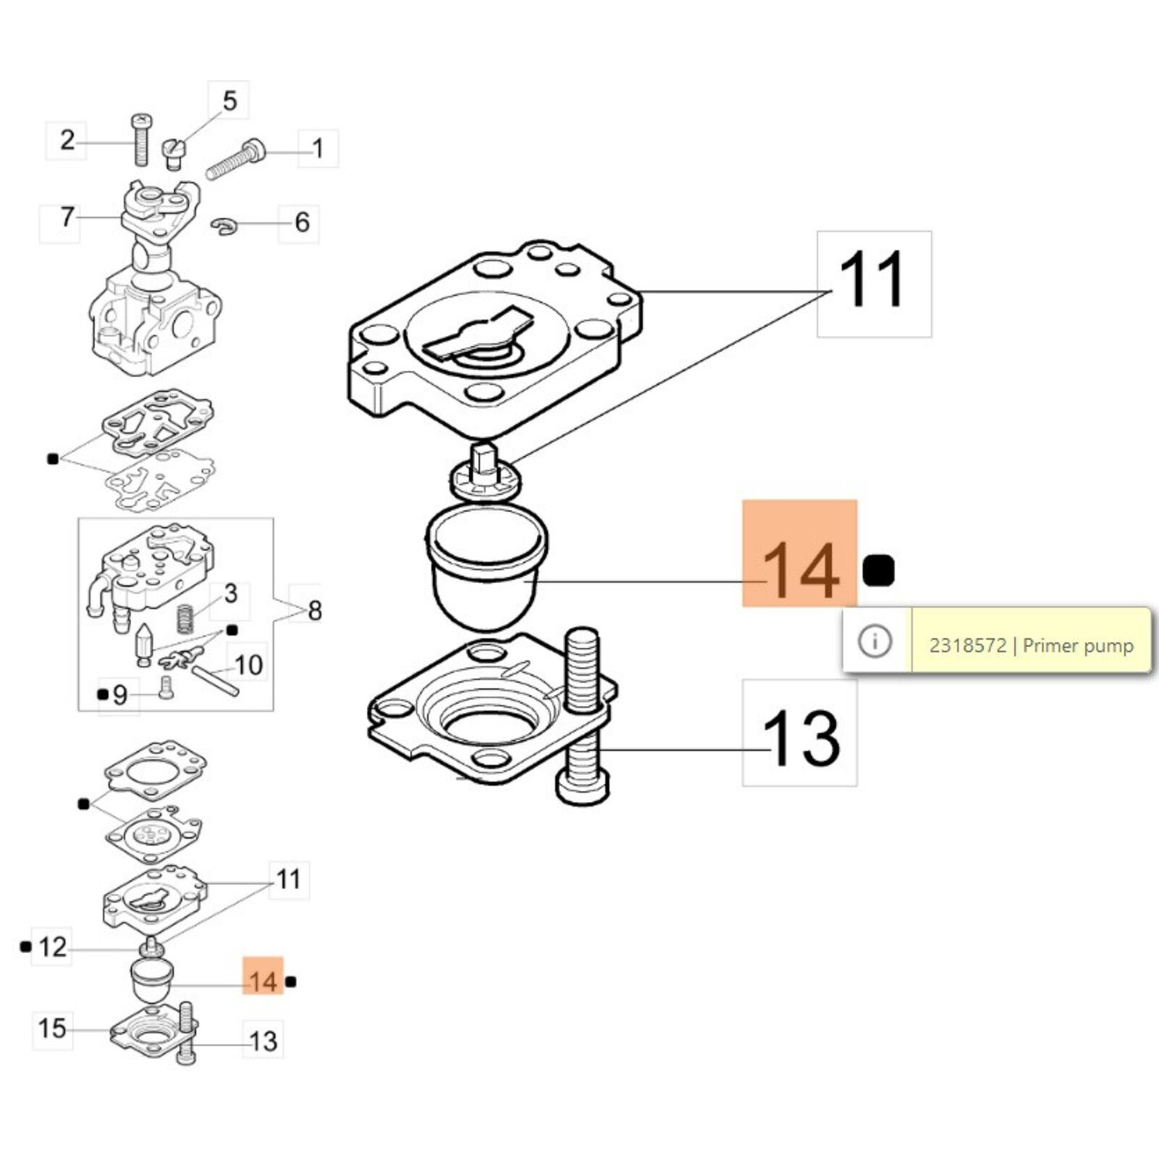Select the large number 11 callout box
[x=874, y=284]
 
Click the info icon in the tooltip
[x=875, y=641]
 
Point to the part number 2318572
[x=968, y=645]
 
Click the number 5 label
[x=229, y=101]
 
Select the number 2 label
[x=67, y=141]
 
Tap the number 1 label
[x=317, y=149]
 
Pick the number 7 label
[x=67, y=217]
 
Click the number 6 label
[x=302, y=222]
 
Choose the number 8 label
[x=314, y=611]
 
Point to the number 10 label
[x=248, y=665]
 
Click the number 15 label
[x=52, y=1028]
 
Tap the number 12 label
[x=52, y=947]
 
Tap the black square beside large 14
[x=879, y=571]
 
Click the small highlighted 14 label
[x=262, y=982]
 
